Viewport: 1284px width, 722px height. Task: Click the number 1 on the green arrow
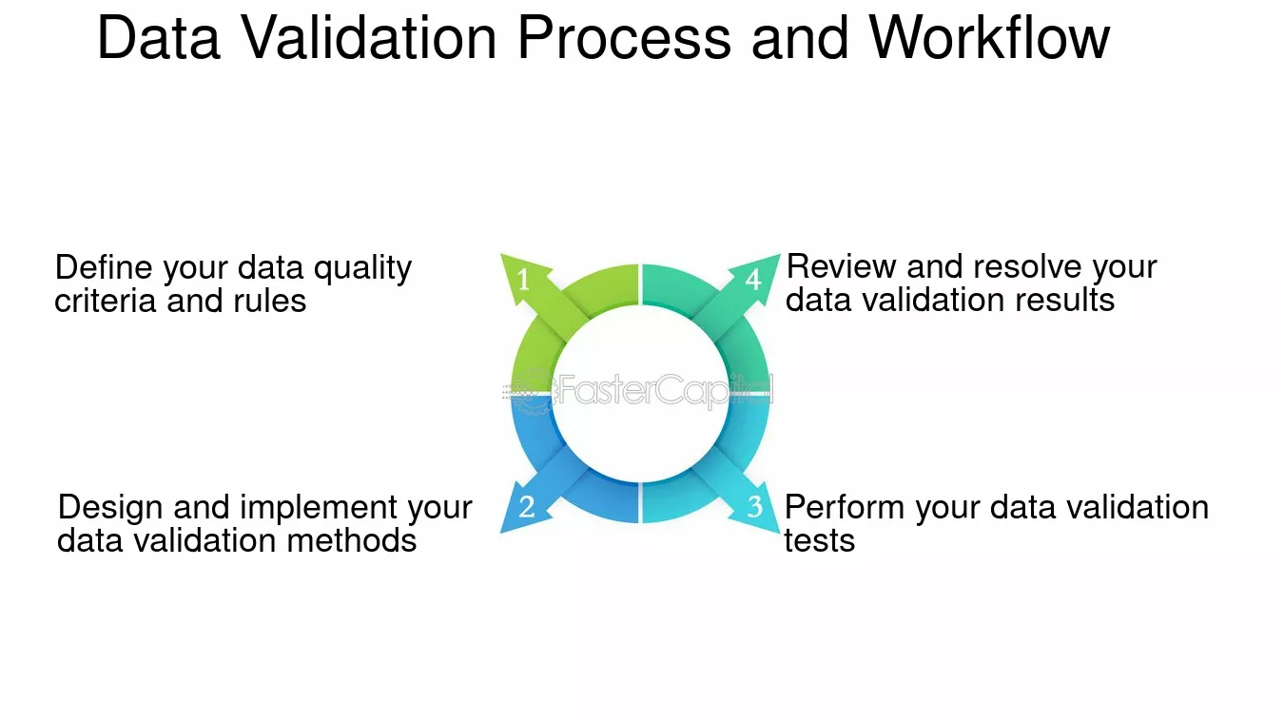[x=523, y=280]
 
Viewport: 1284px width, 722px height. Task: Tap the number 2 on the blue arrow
[x=527, y=507]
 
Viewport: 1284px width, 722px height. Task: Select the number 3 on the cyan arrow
[x=755, y=507]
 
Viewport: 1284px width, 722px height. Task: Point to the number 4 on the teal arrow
[x=753, y=280]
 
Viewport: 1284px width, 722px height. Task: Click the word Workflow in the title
[x=989, y=38]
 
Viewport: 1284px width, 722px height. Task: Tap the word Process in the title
[x=624, y=38]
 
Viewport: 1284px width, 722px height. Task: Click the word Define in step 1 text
[x=104, y=267]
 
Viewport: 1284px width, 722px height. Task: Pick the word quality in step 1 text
[x=362, y=269]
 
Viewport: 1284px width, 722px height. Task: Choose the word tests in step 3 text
[x=820, y=541]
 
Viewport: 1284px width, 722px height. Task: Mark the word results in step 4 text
[x=1064, y=300]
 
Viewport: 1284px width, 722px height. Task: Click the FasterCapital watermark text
[x=665, y=390]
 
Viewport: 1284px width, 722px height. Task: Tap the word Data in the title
[x=159, y=38]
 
